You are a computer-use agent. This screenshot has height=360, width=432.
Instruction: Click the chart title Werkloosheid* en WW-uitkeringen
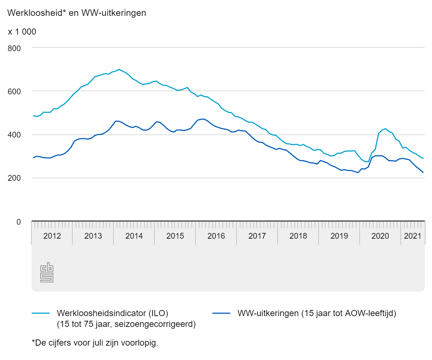[77, 13]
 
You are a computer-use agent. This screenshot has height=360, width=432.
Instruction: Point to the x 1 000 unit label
[22, 32]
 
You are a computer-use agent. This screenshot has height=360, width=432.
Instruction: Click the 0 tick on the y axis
[18, 222]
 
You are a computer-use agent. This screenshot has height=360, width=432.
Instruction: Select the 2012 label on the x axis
[52, 236]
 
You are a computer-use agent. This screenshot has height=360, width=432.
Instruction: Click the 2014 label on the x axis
[134, 236]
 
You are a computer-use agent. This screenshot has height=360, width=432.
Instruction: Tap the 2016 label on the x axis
[216, 236]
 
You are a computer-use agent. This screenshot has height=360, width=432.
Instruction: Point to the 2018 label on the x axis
[298, 236]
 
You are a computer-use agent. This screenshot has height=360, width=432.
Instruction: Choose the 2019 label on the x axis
[339, 236]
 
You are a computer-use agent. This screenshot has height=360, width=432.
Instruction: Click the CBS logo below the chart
[47, 273]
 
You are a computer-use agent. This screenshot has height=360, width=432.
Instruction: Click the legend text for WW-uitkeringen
[317, 313]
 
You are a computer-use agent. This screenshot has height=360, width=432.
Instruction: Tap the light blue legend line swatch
[41, 313]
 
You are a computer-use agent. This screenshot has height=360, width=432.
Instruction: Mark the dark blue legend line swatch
[221, 313]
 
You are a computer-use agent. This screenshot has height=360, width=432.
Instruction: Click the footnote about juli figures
[95, 343]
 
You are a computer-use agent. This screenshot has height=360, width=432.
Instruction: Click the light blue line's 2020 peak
[385, 129]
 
